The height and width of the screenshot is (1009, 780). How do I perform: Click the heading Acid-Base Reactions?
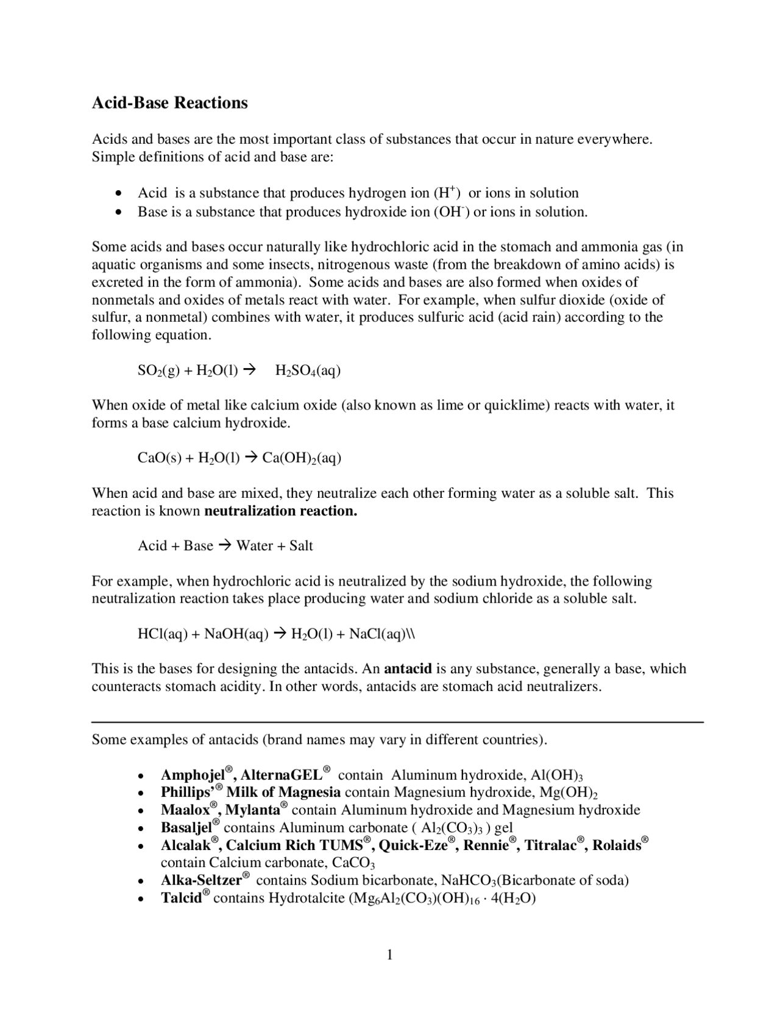169,102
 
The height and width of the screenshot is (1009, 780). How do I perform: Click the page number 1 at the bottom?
389,955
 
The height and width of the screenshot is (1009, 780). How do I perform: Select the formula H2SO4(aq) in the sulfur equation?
308,370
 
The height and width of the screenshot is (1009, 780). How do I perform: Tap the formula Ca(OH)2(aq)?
301,458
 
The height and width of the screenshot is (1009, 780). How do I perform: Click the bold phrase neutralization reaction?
280,511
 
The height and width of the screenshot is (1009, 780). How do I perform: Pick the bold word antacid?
408,669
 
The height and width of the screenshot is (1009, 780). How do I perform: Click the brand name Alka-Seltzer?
202,880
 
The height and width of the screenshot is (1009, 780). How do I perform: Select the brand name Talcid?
182,898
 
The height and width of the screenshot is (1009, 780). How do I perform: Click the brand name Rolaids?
617,846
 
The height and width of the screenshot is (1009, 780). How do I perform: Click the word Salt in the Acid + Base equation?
301,546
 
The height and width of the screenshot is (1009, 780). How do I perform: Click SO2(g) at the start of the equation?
158,370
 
